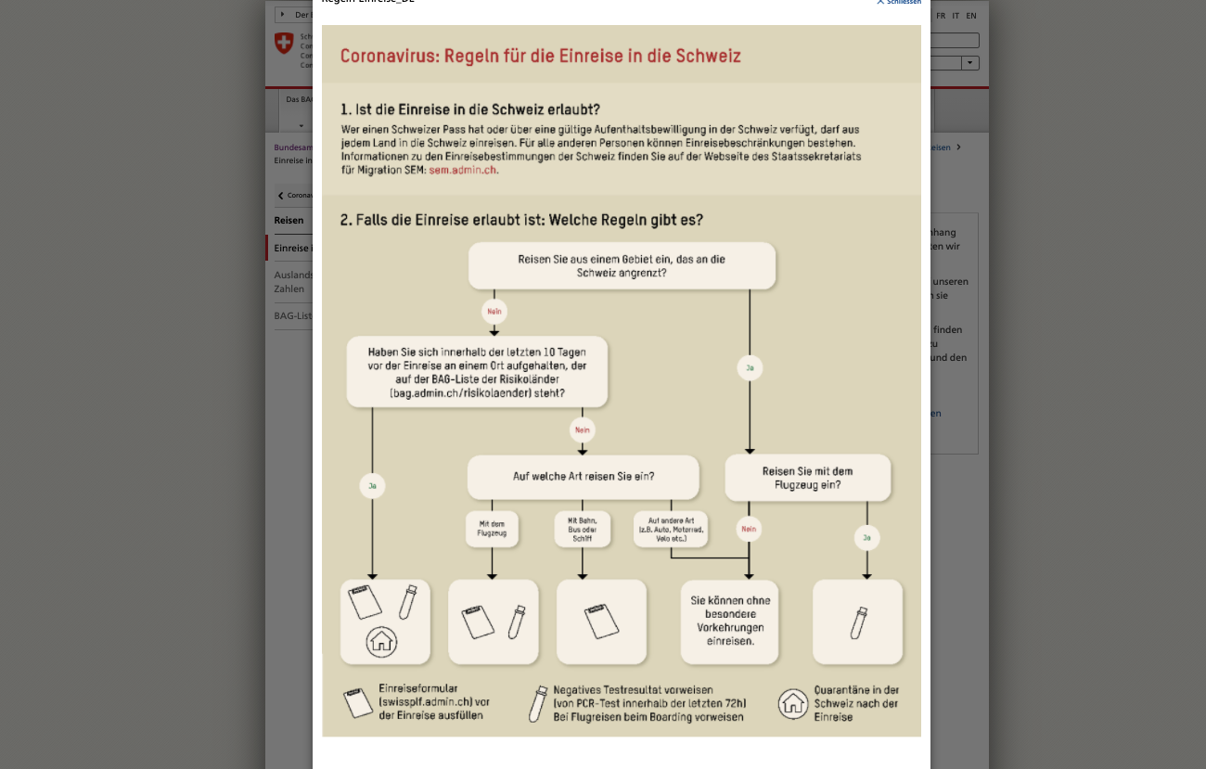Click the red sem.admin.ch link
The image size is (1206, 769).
pyautogui.click(x=463, y=171)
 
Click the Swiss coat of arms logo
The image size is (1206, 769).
pyautogui.click(x=284, y=43)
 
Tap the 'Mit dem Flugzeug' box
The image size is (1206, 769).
pyautogui.click(x=492, y=529)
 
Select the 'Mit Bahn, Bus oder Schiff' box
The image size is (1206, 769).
pyautogui.click(x=583, y=529)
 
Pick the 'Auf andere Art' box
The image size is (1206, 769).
pyautogui.click(x=671, y=529)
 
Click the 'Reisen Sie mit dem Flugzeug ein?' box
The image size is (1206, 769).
pyautogui.click(x=807, y=478)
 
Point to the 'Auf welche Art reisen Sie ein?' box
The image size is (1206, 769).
pyautogui.click(x=583, y=477)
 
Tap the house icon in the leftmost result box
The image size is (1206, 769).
pyautogui.click(x=381, y=641)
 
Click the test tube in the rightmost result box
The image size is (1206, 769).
pyautogui.click(x=858, y=622)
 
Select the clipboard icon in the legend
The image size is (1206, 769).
pyautogui.click(x=357, y=703)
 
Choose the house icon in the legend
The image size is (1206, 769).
pyautogui.click(x=793, y=703)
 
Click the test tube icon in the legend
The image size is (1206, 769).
pyautogui.click(x=538, y=704)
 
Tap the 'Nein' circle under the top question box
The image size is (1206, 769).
pyautogui.click(x=494, y=312)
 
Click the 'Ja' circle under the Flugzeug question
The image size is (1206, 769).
pyautogui.click(x=866, y=537)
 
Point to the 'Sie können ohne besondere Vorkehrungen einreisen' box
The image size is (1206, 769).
pyautogui.click(x=730, y=621)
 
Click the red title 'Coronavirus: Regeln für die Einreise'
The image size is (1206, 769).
pyautogui.click(x=540, y=56)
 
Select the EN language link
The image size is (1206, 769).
pyautogui.click(x=970, y=16)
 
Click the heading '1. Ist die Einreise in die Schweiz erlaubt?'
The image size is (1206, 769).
pyautogui.click(x=470, y=109)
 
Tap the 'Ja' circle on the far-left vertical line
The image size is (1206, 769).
pyautogui.click(x=372, y=485)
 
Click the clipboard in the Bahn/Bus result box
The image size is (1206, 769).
pyautogui.click(x=601, y=621)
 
